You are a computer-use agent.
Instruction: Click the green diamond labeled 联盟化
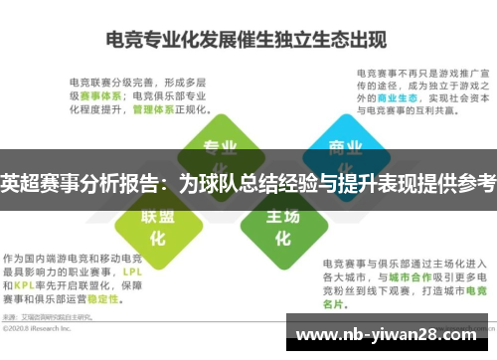[x=157, y=228]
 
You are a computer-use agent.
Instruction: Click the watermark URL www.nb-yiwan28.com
[x=389, y=330]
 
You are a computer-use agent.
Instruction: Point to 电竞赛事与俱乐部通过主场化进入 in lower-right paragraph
[x=395, y=247]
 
